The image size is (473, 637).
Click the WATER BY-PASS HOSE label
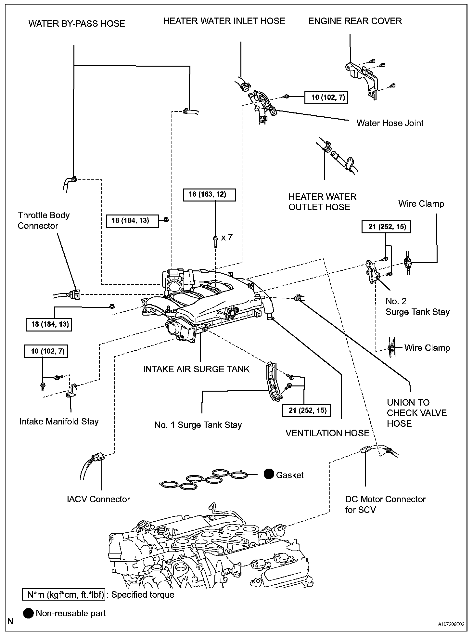(77, 24)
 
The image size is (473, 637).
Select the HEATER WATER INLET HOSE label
(224, 21)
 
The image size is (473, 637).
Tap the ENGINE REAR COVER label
(355, 21)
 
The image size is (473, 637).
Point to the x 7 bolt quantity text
(227, 237)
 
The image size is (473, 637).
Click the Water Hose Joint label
(390, 123)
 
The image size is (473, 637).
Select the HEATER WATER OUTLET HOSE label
(322, 202)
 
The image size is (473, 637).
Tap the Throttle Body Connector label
(44, 220)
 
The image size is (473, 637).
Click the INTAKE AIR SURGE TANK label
(197, 369)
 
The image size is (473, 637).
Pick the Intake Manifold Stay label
(59, 422)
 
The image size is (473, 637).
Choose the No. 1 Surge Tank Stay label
(198, 425)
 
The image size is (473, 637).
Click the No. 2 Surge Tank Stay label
(417, 306)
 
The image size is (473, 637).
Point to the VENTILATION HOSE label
(327, 433)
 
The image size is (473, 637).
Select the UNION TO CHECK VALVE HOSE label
(417, 413)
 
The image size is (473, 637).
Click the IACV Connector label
(98, 499)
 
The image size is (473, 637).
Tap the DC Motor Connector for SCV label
(385, 504)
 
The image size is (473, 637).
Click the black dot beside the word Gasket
(269, 474)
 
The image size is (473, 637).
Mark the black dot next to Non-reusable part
(29, 613)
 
